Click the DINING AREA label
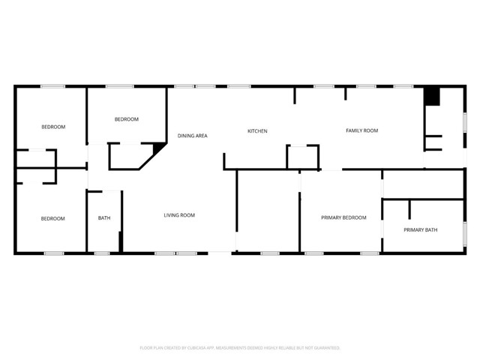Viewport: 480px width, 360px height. click(192, 136)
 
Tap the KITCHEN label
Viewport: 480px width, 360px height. click(257, 131)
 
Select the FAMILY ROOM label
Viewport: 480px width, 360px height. click(361, 130)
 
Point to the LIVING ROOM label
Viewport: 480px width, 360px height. click(179, 215)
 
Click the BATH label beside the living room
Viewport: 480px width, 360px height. click(104, 218)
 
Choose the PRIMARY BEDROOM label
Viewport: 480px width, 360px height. click(343, 217)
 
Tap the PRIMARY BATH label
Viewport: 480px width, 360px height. click(420, 229)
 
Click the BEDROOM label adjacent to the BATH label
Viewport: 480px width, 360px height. click(52, 218)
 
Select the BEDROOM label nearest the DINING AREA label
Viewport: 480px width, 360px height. click(126, 119)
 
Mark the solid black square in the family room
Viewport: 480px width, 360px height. click(431, 96)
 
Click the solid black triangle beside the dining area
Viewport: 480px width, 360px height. click(160, 148)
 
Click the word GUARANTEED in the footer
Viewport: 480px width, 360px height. click(325, 348)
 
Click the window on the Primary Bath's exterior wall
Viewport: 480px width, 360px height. click(465, 233)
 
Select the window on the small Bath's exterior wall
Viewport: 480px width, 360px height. click(101, 253)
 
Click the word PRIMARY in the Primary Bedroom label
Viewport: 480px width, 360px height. click(331, 217)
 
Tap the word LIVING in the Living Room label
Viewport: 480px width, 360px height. click(172, 215)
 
